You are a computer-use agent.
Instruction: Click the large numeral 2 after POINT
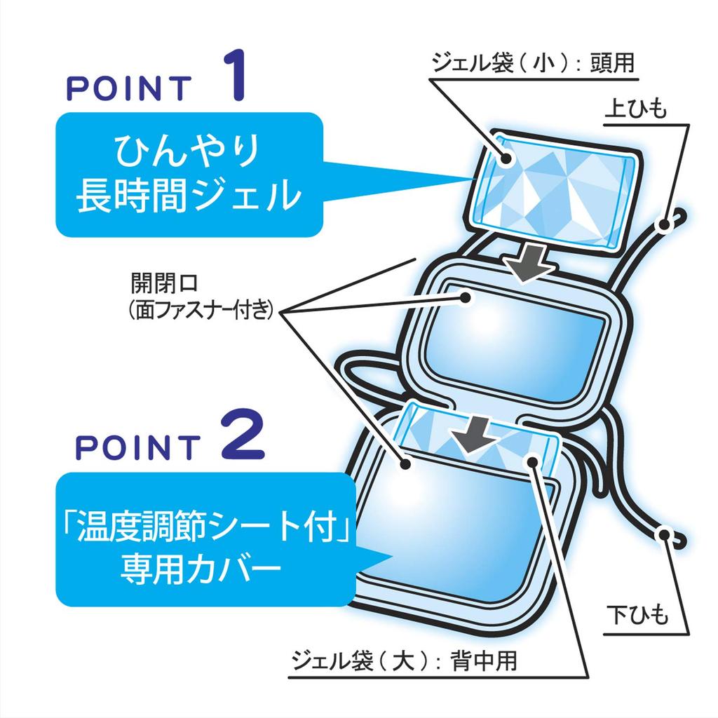(x=243, y=434)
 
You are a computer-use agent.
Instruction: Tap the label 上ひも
(x=635, y=109)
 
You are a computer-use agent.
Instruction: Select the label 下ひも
(x=637, y=615)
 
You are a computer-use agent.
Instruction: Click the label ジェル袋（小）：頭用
(x=533, y=62)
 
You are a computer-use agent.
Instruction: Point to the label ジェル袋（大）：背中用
(x=404, y=661)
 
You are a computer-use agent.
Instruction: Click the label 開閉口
(x=164, y=283)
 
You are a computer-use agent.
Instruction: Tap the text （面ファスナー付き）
(x=201, y=309)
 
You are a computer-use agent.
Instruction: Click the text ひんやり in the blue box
(x=188, y=151)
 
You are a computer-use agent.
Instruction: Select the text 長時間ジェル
(x=189, y=196)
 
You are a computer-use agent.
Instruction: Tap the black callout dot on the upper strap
(x=664, y=225)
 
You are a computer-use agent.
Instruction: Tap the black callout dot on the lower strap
(x=664, y=534)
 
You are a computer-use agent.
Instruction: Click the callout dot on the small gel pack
(x=506, y=158)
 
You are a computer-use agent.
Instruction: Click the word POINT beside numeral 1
(x=129, y=88)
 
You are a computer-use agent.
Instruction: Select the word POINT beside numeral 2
(x=138, y=447)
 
